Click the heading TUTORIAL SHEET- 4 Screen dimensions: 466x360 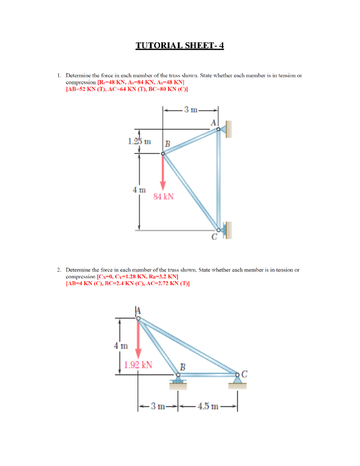[180, 45]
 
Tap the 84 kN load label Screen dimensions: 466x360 [163, 197]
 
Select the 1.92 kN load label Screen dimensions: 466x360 [138, 365]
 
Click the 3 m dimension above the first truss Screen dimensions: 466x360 [190, 110]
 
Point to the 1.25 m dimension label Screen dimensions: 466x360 [139, 141]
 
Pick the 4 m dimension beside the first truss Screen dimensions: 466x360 [139, 190]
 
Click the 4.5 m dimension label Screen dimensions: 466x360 [208, 406]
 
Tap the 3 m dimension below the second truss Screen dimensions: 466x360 [158, 406]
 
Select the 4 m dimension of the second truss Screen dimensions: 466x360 [121, 346]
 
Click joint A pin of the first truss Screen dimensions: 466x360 [218, 129]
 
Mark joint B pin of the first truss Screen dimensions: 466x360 [163, 154]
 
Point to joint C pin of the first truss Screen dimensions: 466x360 [218, 230]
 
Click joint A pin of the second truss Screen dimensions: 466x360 [138, 318]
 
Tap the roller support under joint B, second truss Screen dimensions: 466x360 [178, 381]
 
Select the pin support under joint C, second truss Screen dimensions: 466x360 [237, 380]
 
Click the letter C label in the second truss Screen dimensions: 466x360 [244, 374]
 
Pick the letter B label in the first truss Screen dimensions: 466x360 [167, 144]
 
